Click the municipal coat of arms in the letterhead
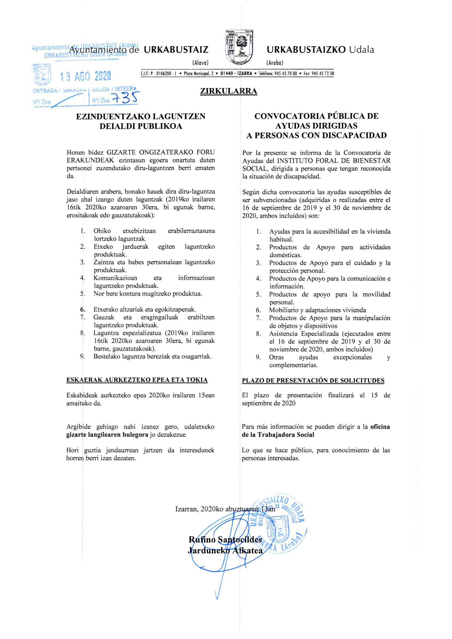point(239,47)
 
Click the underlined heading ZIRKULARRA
point(228,91)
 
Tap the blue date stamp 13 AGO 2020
point(86,76)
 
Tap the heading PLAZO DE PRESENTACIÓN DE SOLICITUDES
point(313,381)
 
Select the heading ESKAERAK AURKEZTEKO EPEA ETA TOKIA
point(137,380)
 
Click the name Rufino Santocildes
point(225,540)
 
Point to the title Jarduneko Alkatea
point(225,551)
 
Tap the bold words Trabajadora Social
point(286,435)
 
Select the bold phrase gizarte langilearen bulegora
point(107,435)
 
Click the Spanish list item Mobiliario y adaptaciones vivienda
point(318,310)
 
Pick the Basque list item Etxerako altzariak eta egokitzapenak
point(145,309)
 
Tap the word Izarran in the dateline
point(186,509)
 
